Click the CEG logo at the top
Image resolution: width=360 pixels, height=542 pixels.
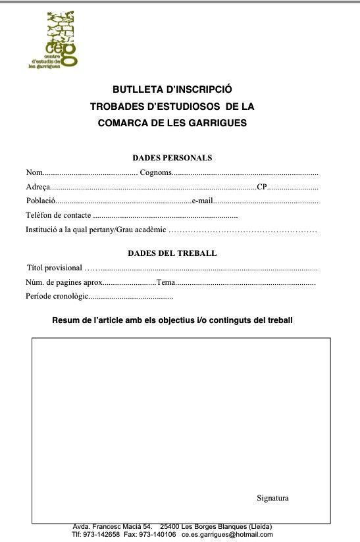(x=54, y=39)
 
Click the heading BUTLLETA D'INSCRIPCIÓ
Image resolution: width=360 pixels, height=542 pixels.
(x=172, y=89)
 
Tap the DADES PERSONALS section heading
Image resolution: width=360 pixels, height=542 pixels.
(x=172, y=158)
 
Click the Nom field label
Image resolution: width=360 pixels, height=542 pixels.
(x=34, y=172)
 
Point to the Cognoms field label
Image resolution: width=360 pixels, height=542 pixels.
(x=155, y=172)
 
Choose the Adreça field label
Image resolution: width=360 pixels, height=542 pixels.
(x=38, y=187)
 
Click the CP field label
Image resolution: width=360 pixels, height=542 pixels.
(x=262, y=187)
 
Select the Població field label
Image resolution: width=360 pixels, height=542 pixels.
(x=41, y=201)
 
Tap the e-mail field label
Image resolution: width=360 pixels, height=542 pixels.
(x=202, y=201)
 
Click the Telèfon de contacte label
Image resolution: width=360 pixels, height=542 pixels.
(x=59, y=216)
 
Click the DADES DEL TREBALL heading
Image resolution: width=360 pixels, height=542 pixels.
(x=172, y=253)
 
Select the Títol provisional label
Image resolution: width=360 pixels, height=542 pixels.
(x=55, y=268)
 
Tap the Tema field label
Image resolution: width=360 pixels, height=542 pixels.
(x=165, y=282)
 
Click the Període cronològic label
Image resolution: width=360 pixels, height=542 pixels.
(x=57, y=297)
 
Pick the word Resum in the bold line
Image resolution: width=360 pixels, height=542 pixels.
(x=65, y=320)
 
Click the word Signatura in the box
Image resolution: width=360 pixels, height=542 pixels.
(x=272, y=498)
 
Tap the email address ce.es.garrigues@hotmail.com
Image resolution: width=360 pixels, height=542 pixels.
(x=227, y=534)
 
